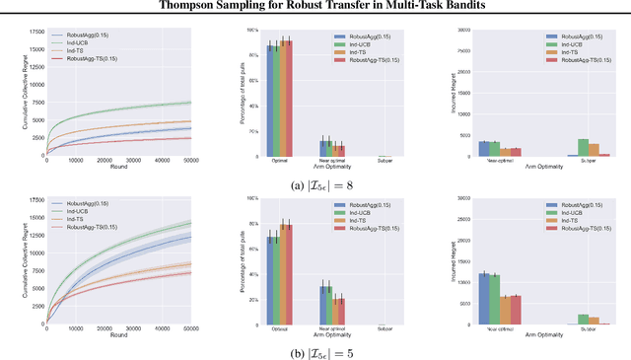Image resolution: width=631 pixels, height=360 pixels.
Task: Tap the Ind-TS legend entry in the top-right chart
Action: pyautogui.click(x=569, y=51)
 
